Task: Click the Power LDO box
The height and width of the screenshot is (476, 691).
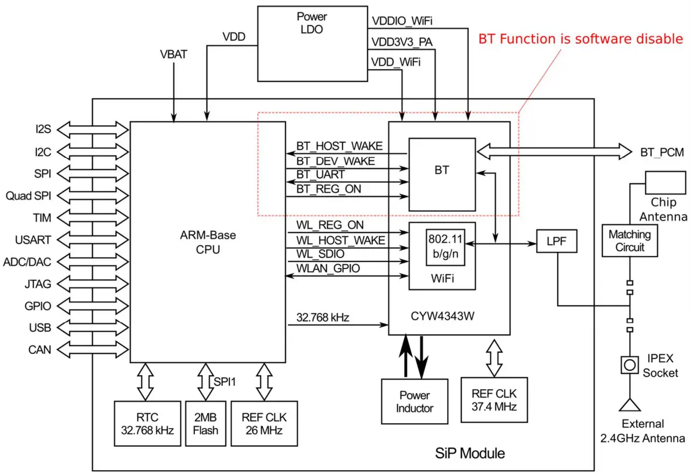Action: pos(312,43)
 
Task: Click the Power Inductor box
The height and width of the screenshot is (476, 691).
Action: pos(414,402)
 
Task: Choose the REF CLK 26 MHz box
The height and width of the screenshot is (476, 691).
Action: pos(264,423)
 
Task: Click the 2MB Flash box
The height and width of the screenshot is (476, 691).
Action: pos(206,423)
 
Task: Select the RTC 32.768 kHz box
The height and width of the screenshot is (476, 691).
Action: pos(146,423)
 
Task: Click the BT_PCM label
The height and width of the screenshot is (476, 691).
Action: pos(661,152)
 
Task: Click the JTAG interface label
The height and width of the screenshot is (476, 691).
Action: pos(39,284)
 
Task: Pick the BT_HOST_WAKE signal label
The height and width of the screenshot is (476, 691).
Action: pos(339,146)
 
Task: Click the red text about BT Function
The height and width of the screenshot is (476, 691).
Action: pos(581,39)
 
